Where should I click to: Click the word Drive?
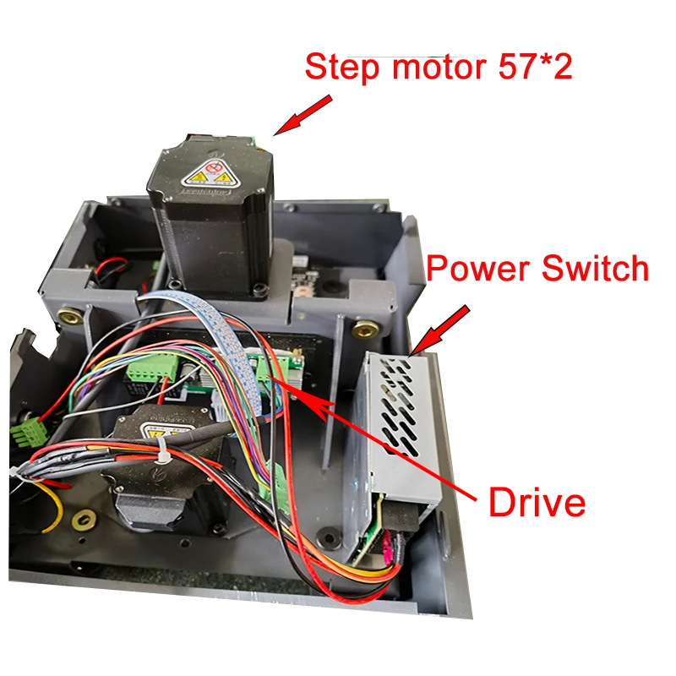point(537,502)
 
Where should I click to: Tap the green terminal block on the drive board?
point(153,369)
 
